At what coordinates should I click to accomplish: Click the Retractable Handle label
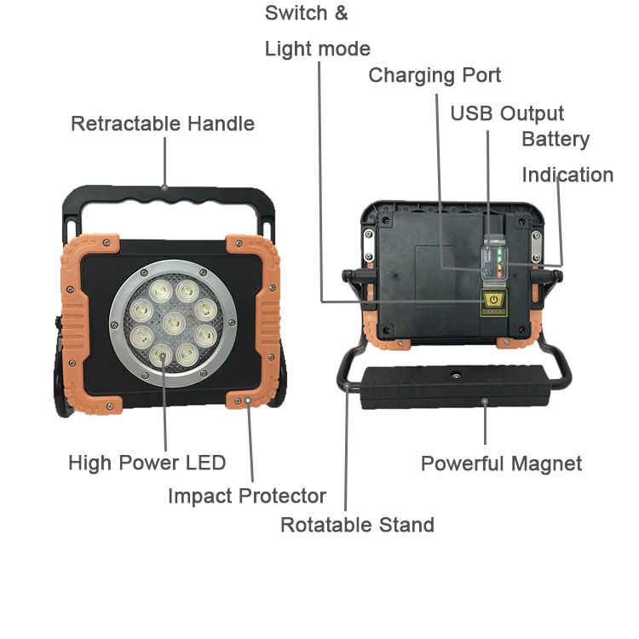pyautogui.click(x=162, y=124)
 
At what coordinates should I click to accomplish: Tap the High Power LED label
pyautogui.click(x=147, y=463)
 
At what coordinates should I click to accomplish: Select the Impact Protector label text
pyautogui.click(x=246, y=496)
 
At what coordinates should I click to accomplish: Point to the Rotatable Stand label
pyautogui.click(x=357, y=525)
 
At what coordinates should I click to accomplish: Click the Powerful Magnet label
pyautogui.click(x=501, y=463)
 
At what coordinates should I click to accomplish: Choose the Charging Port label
pyautogui.click(x=435, y=75)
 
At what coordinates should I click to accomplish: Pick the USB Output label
pyautogui.click(x=507, y=113)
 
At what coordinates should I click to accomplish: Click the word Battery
pyautogui.click(x=556, y=139)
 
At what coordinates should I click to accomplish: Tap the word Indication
pyautogui.click(x=567, y=175)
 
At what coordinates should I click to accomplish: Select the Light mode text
pyautogui.click(x=317, y=49)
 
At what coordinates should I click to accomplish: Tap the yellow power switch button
pyautogui.click(x=493, y=299)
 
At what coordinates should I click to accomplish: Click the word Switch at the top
pyautogui.click(x=296, y=14)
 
